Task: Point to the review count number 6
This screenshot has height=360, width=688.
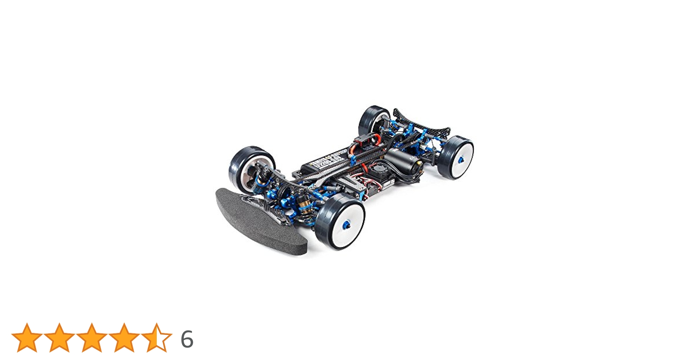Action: (x=187, y=339)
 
